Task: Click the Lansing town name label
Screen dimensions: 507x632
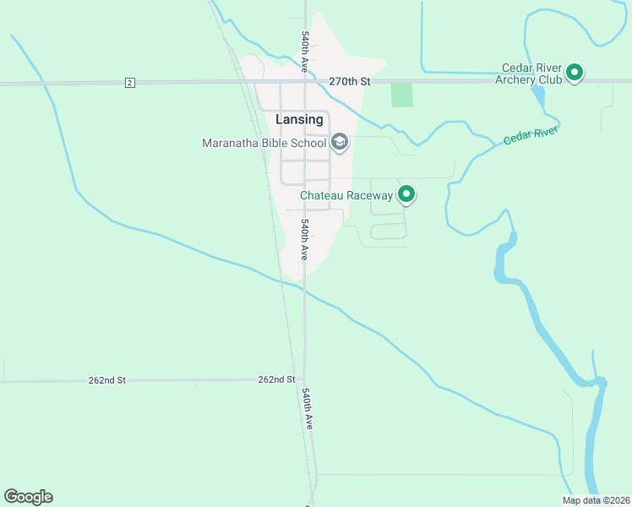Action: coord(299,120)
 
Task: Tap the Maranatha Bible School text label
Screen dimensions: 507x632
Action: coord(264,143)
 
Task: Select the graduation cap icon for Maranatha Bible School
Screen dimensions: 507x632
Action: coord(339,142)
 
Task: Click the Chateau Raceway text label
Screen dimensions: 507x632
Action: coord(346,195)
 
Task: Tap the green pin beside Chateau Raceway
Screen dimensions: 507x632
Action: coord(406,194)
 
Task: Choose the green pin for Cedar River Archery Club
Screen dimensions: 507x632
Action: coord(575,73)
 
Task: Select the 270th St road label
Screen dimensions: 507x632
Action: coord(349,82)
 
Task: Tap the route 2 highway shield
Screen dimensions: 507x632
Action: coord(129,82)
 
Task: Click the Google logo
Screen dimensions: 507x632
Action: coord(28,497)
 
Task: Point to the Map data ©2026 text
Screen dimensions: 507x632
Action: coord(596,500)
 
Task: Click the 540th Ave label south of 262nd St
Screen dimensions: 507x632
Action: coord(308,409)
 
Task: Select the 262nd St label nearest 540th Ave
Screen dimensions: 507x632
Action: coord(276,380)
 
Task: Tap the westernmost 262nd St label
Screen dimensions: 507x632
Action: coord(106,381)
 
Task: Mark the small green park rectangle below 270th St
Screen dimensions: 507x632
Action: coord(402,95)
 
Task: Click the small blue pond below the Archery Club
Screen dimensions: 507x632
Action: coord(538,99)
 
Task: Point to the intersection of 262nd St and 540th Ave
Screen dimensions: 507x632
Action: coord(304,380)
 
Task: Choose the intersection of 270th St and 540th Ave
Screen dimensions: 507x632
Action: coord(305,82)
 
